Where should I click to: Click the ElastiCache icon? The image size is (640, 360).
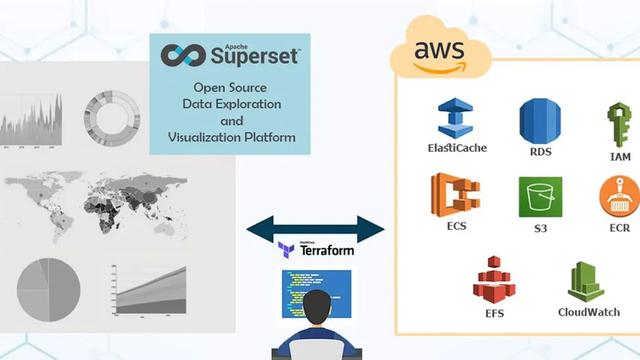pos(455,118)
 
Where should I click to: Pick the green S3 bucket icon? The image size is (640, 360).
pos(540,197)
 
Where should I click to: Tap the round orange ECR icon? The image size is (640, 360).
pos(619,197)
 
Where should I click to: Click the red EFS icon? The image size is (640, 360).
pos(493,279)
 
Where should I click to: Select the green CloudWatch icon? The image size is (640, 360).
pos(586,282)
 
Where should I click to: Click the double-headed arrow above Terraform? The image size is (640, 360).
pos(315,227)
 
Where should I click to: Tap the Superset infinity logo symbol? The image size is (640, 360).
pos(183,55)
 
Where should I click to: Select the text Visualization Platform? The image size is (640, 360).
pos(231,137)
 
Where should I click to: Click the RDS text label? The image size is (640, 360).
pos(540,153)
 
